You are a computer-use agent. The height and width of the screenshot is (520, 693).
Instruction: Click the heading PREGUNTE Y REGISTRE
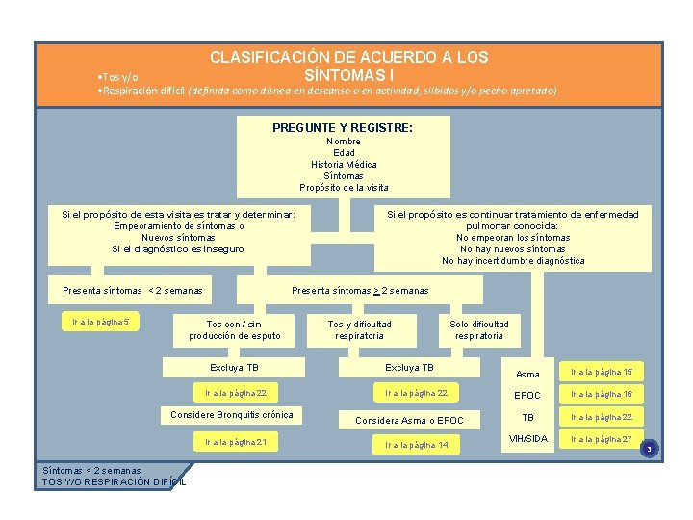(343, 127)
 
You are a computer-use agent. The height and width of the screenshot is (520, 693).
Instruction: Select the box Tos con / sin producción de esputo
(235, 329)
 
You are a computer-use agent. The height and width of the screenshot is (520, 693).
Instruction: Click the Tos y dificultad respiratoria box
(359, 329)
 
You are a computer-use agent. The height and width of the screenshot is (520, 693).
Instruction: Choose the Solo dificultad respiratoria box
(479, 329)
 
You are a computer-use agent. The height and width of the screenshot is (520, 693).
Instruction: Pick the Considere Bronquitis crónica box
(231, 415)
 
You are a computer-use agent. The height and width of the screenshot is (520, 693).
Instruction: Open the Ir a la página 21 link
(236, 441)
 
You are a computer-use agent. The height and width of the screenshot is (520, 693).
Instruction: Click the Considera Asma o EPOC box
(409, 420)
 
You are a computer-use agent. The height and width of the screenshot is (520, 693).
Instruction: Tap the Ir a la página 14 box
(417, 445)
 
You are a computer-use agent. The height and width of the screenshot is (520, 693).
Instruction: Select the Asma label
(527, 374)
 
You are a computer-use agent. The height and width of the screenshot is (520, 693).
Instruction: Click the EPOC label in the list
(527, 396)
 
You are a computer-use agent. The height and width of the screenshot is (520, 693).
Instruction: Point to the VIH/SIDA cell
(527, 439)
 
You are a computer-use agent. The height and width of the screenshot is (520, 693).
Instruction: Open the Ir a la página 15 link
(601, 372)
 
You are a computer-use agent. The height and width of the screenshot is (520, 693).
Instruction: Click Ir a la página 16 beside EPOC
(601, 395)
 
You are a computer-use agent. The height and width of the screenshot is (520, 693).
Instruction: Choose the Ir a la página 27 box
(601, 439)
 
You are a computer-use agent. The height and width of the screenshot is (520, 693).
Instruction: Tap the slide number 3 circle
(649, 449)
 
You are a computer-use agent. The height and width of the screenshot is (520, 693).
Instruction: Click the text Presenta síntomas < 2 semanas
(133, 290)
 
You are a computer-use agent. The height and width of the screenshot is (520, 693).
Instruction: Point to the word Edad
(344, 153)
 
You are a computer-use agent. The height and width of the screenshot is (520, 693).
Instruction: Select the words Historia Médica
(344, 165)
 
